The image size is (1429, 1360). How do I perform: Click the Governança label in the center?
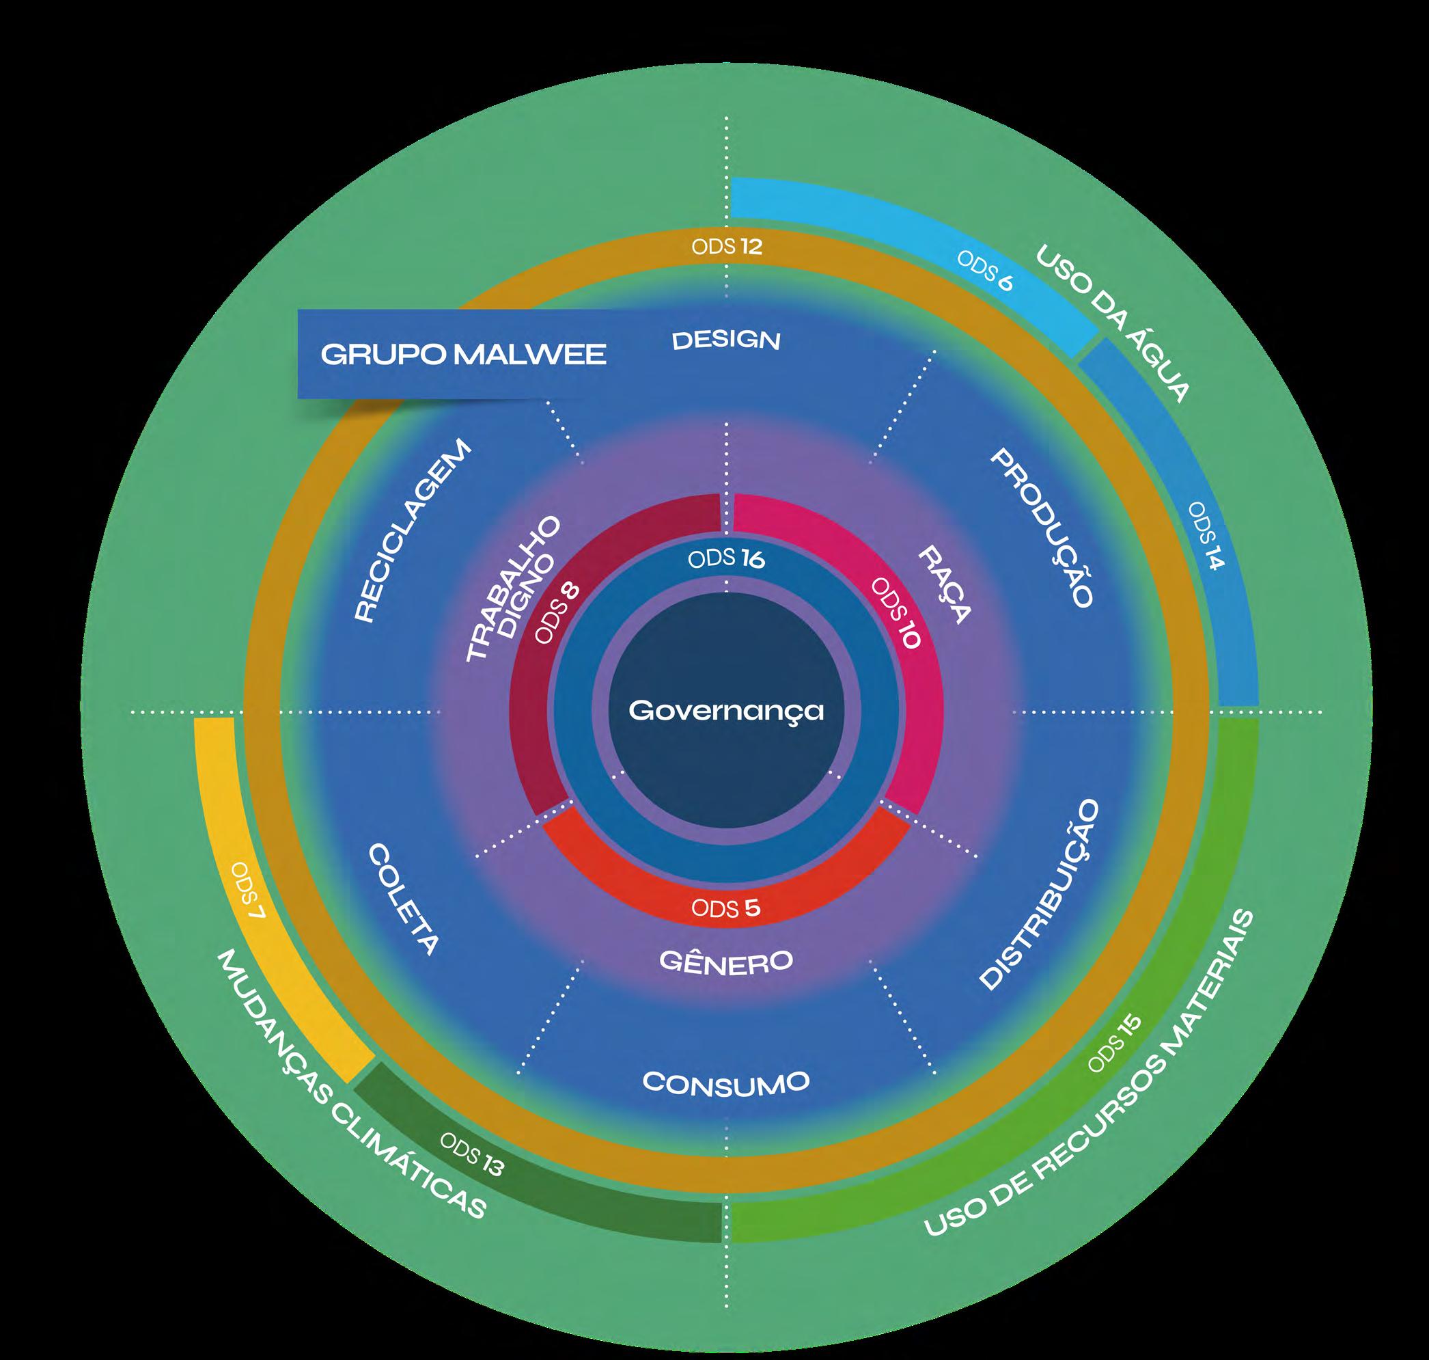(726, 711)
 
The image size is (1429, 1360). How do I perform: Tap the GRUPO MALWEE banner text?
(463, 355)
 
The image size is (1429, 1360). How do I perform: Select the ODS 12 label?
(726, 247)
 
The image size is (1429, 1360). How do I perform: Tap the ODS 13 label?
(472, 1154)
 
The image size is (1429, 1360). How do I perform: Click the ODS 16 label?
(726, 559)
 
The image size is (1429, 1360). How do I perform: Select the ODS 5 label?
(726, 908)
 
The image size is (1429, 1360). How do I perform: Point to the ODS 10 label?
(896, 613)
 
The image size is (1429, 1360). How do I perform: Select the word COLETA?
(403, 899)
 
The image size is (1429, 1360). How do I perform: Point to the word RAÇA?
(943, 586)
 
